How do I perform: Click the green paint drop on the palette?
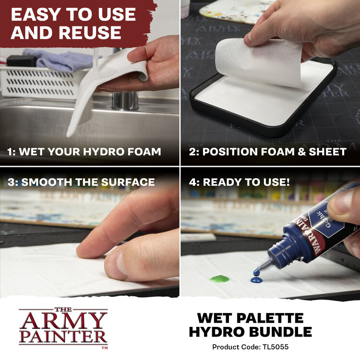(x=219, y=278)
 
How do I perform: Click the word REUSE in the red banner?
(x=90, y=33)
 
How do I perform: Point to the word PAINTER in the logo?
(x=63, y=336)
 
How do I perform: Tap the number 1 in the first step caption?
(x=11, y=152)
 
